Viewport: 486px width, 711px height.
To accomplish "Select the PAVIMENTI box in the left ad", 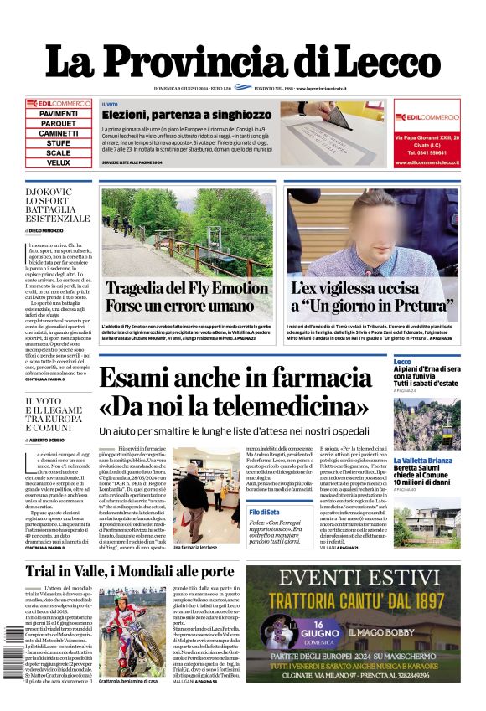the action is [x=59, y=113].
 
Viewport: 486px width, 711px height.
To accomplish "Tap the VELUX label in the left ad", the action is [x=59, y=162].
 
